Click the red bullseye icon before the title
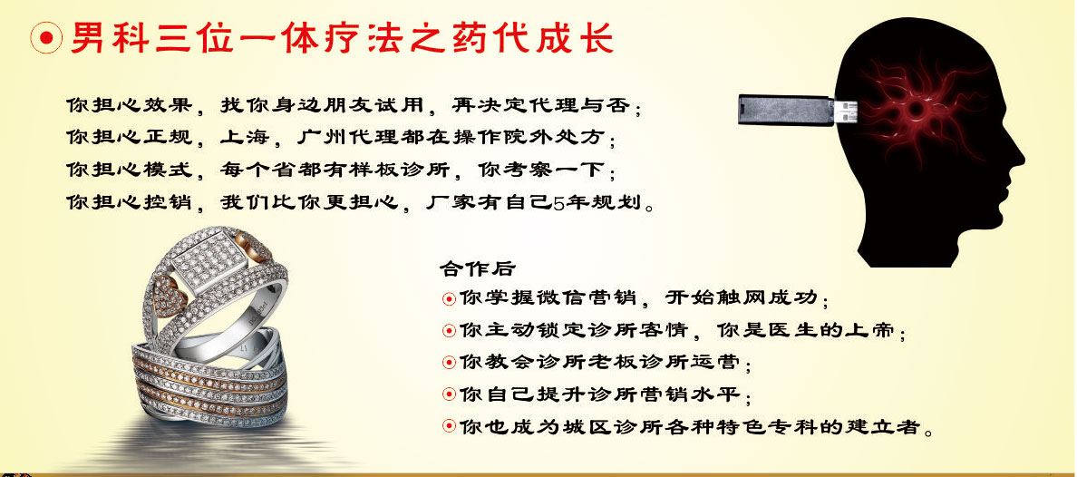[46, 39]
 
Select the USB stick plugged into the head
[798, 110]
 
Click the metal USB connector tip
[847, 110]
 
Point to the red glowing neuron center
[915, 110]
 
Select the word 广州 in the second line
[319, 137]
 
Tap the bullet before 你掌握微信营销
[450, 299]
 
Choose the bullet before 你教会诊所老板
[450, 362]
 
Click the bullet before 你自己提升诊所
[450, 394]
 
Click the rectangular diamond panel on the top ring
[209, 262]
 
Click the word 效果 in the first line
[165, 105]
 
